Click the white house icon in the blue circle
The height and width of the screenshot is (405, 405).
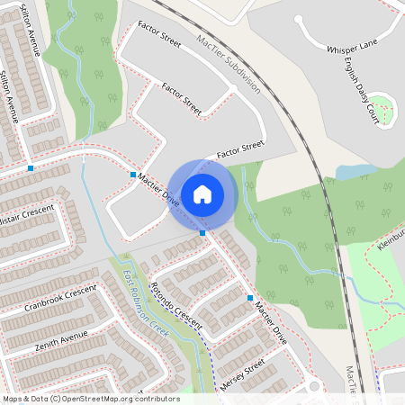point(202,193)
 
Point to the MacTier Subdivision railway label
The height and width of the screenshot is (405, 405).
point(228,63)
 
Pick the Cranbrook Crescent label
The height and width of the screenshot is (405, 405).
point(60,298)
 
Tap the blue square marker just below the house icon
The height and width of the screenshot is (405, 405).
point(202,232)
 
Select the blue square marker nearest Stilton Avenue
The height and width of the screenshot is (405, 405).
point(31,168)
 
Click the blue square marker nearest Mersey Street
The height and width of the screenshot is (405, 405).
point(250,297)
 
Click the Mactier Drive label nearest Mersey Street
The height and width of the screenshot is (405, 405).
point(270,323)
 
